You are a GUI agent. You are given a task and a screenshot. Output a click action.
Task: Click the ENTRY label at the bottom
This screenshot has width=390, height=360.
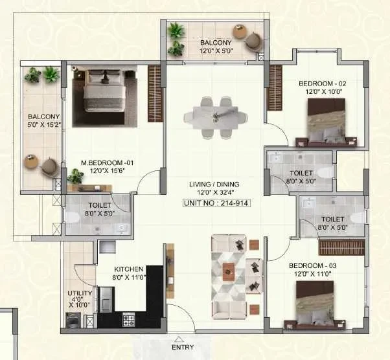183,347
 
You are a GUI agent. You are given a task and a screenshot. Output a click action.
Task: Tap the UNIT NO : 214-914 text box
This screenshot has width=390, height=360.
216,203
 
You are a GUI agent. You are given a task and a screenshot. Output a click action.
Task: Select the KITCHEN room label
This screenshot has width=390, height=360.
128,269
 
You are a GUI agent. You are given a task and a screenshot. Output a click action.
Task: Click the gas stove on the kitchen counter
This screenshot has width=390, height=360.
128,319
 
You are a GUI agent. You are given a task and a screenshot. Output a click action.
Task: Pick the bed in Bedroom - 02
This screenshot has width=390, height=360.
327,122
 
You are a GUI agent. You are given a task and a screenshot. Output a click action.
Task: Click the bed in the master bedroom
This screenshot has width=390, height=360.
104,91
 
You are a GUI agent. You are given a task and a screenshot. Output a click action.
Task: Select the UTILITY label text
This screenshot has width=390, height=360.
80,293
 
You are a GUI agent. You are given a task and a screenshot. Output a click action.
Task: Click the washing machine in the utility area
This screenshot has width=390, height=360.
73,320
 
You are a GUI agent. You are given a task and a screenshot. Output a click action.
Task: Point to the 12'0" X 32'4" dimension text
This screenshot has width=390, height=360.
215,192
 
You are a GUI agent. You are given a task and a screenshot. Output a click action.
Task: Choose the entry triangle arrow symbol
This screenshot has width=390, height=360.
178,339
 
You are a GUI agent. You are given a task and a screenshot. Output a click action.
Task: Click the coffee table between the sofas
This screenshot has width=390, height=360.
229,272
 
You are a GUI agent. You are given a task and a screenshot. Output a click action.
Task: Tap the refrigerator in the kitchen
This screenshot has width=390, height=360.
107,300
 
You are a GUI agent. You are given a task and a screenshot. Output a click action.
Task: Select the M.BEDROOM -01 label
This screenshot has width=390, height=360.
107,163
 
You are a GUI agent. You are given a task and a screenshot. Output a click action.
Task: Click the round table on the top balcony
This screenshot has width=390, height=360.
240,32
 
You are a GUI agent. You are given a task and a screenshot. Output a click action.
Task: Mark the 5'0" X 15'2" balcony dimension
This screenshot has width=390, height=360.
44,125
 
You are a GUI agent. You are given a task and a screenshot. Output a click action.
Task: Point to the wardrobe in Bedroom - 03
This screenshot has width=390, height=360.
341,247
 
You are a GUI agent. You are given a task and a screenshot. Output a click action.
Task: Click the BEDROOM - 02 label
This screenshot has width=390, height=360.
323,84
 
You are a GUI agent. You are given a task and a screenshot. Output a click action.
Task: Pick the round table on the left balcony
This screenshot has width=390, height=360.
31,162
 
